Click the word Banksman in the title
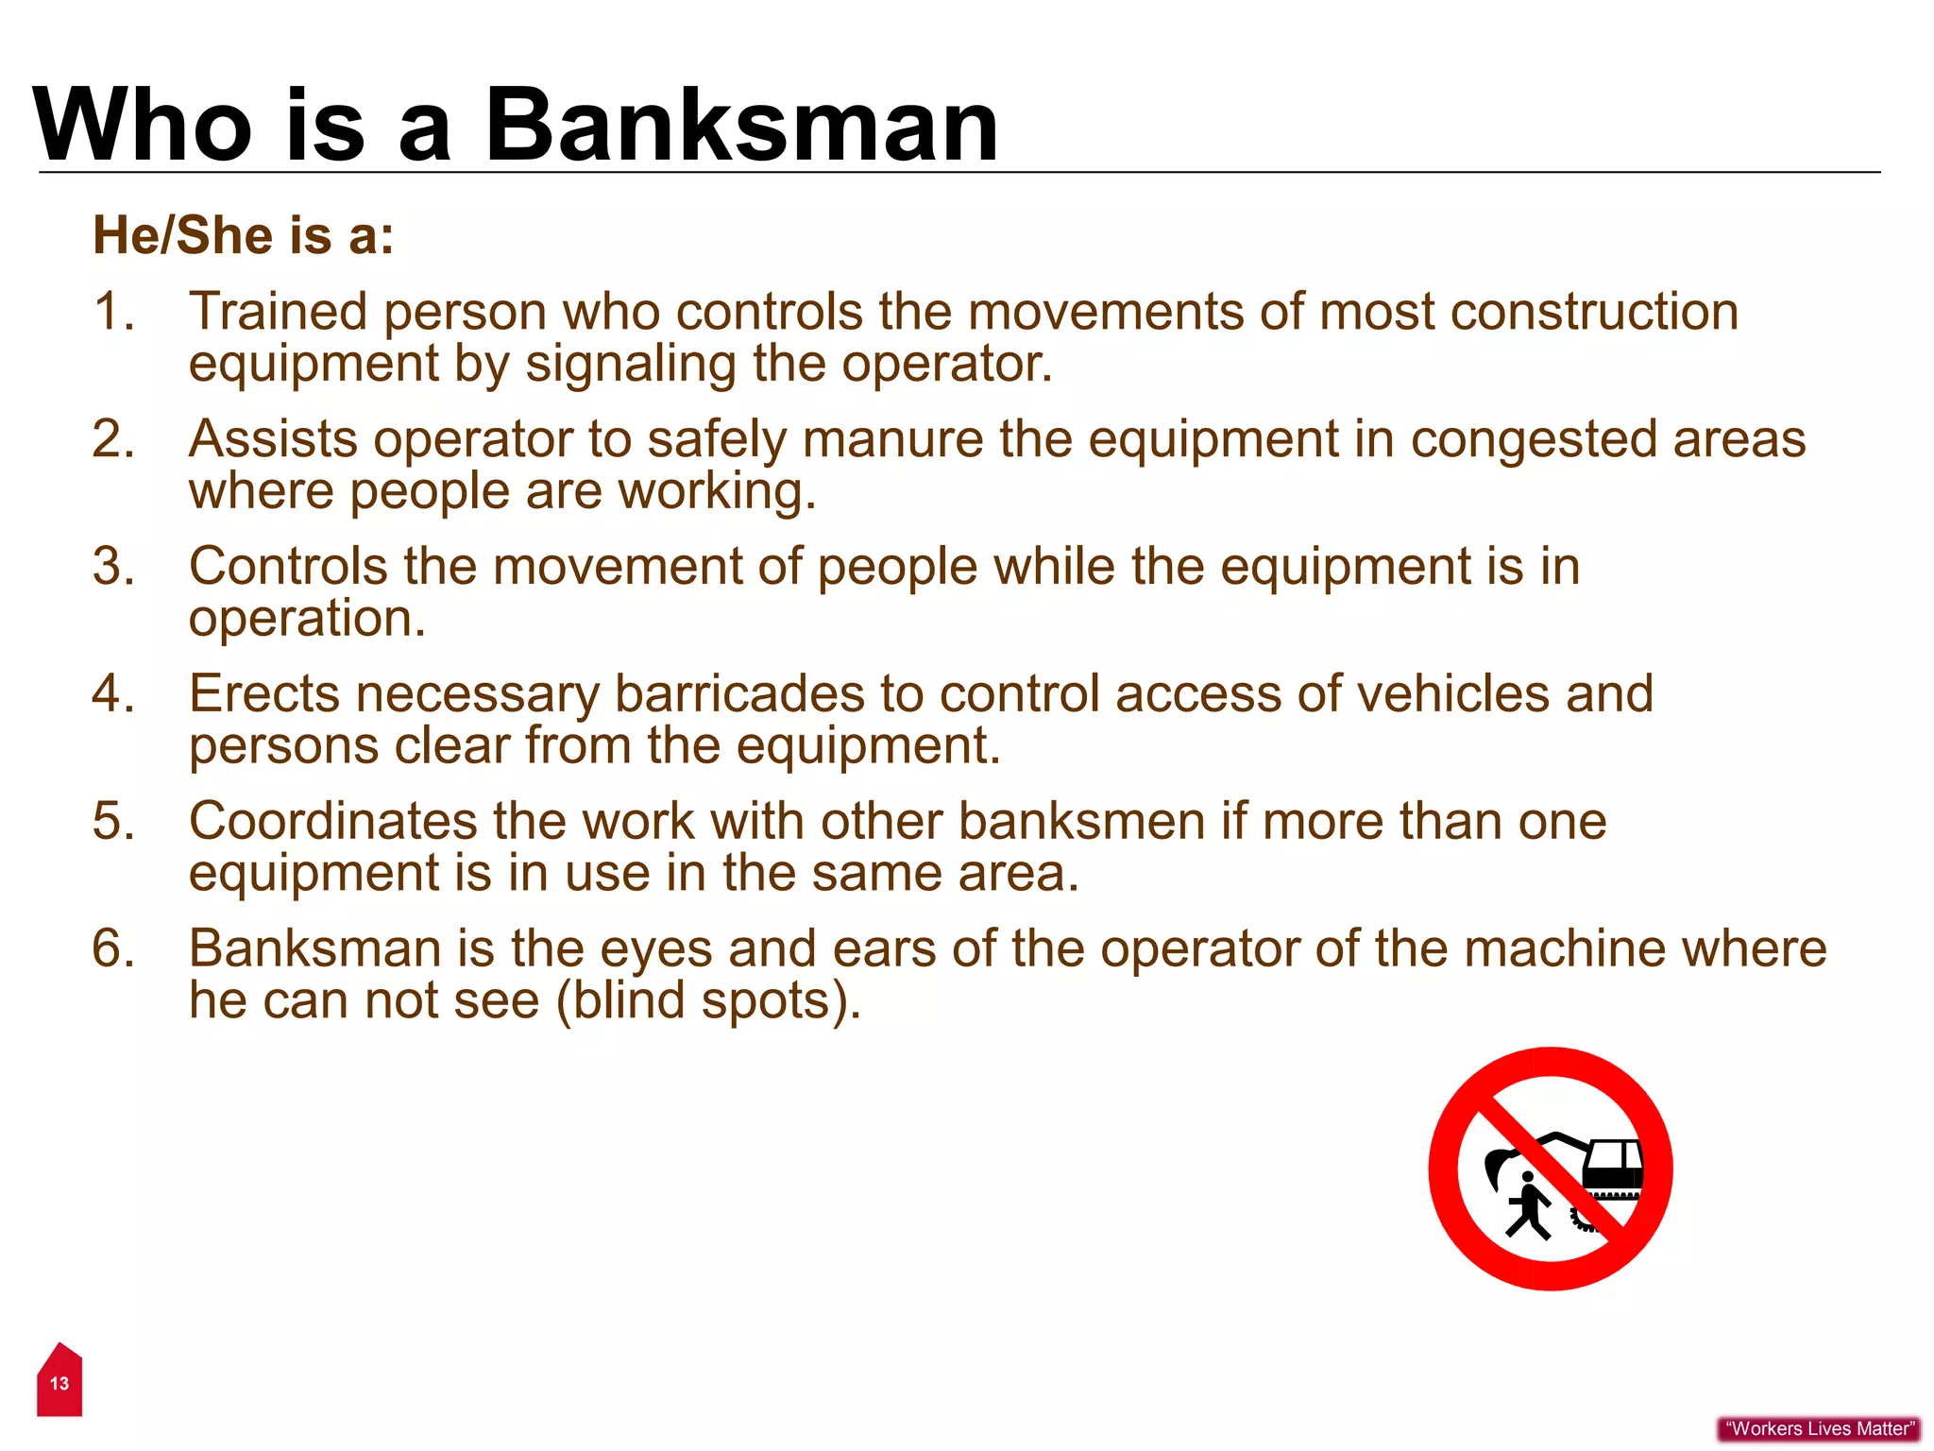[741, 126]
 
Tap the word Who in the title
[142, 126]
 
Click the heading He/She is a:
[243, 235]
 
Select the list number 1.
[112, 312]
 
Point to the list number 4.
[112, 693]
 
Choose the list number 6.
[112, 948]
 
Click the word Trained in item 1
[278, 312]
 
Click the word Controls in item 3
[288, 567]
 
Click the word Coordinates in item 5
[332, 821]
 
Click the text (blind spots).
[708, 1001]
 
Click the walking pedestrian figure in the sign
[1528, 1204]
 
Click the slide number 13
[59, 1384]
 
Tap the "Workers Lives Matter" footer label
[1819, 1429]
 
